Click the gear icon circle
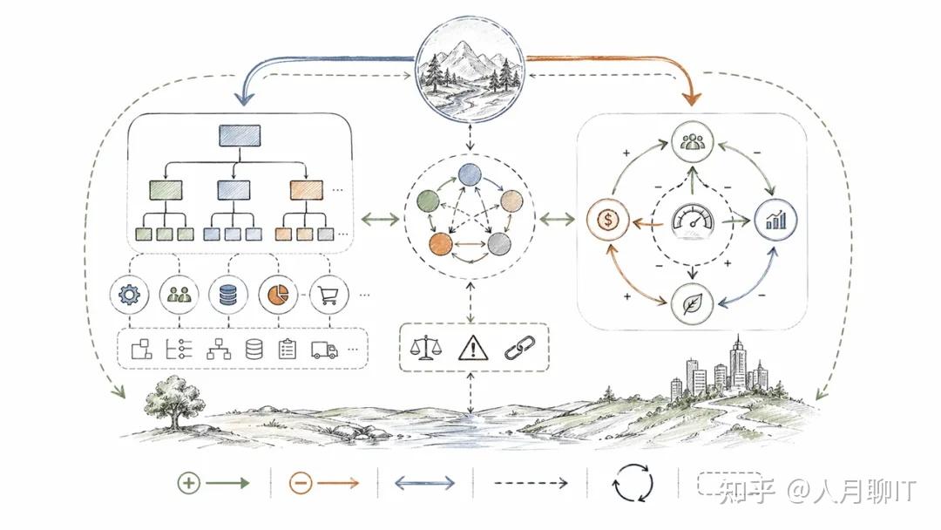coord(130,295)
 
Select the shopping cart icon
coord(328,295)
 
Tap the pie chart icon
coord(278,295)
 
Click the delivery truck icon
coord(324,350)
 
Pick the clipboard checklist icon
coord(288,349)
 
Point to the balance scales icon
coord(425,348)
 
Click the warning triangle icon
coord(473,348)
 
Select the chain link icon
coord(519,348)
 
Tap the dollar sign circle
coord(608,220)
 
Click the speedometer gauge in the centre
coord(693,221)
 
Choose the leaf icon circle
coord(692,303)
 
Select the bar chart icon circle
coord(775,220)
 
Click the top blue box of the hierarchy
coord(240,136)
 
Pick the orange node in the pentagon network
coord(441,244)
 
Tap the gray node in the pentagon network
coord(498,244)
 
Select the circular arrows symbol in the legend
coord(633,483)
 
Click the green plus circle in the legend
coord(188,483)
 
